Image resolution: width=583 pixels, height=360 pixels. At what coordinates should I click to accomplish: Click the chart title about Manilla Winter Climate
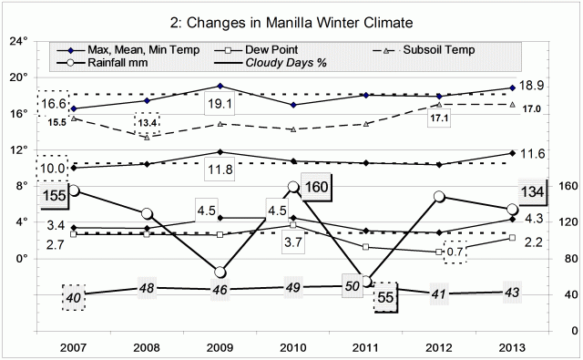coord(291,21)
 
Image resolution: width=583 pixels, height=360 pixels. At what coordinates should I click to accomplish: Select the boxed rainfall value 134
coord(532,191)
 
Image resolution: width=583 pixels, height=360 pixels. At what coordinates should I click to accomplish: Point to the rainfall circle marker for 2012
coord(439,197)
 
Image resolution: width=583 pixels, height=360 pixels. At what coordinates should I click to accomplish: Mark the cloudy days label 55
coord(386,298)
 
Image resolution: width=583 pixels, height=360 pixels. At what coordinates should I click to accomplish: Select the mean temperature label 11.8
coord(219,169)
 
